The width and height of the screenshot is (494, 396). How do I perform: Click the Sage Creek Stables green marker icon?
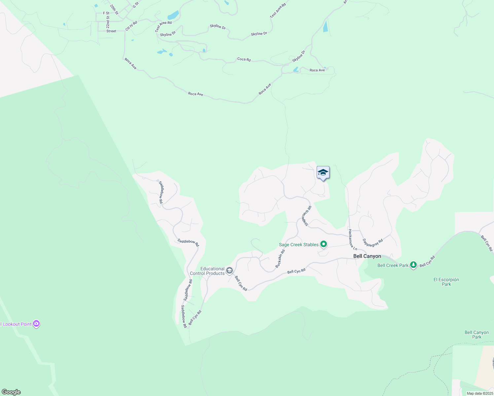324,244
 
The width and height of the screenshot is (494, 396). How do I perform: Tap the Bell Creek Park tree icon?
413,265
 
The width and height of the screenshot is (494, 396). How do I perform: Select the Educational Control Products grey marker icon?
229,271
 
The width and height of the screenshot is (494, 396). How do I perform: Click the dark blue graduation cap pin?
323,173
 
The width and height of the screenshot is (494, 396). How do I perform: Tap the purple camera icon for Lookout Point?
37,324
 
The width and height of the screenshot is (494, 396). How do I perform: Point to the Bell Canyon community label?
367,256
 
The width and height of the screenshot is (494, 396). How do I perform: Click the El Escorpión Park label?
446,282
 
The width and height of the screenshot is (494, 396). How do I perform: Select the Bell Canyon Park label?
476,335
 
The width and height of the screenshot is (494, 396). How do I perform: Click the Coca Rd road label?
244,59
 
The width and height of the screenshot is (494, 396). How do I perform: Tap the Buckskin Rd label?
280,259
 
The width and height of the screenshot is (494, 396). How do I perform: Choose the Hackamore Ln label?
353,239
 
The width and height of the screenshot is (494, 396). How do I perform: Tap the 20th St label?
114,9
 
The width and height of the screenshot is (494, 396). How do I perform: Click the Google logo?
11,392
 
